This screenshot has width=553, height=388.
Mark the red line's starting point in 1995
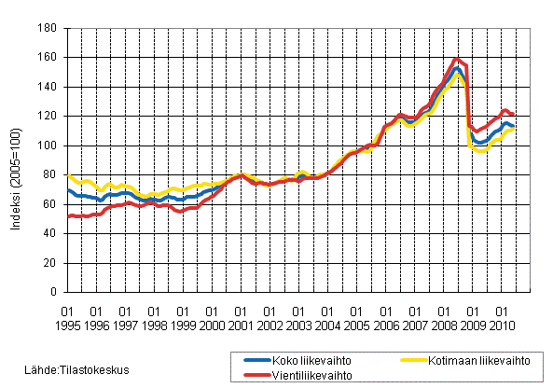(68, 216)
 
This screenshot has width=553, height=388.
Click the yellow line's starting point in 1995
(68, 174)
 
